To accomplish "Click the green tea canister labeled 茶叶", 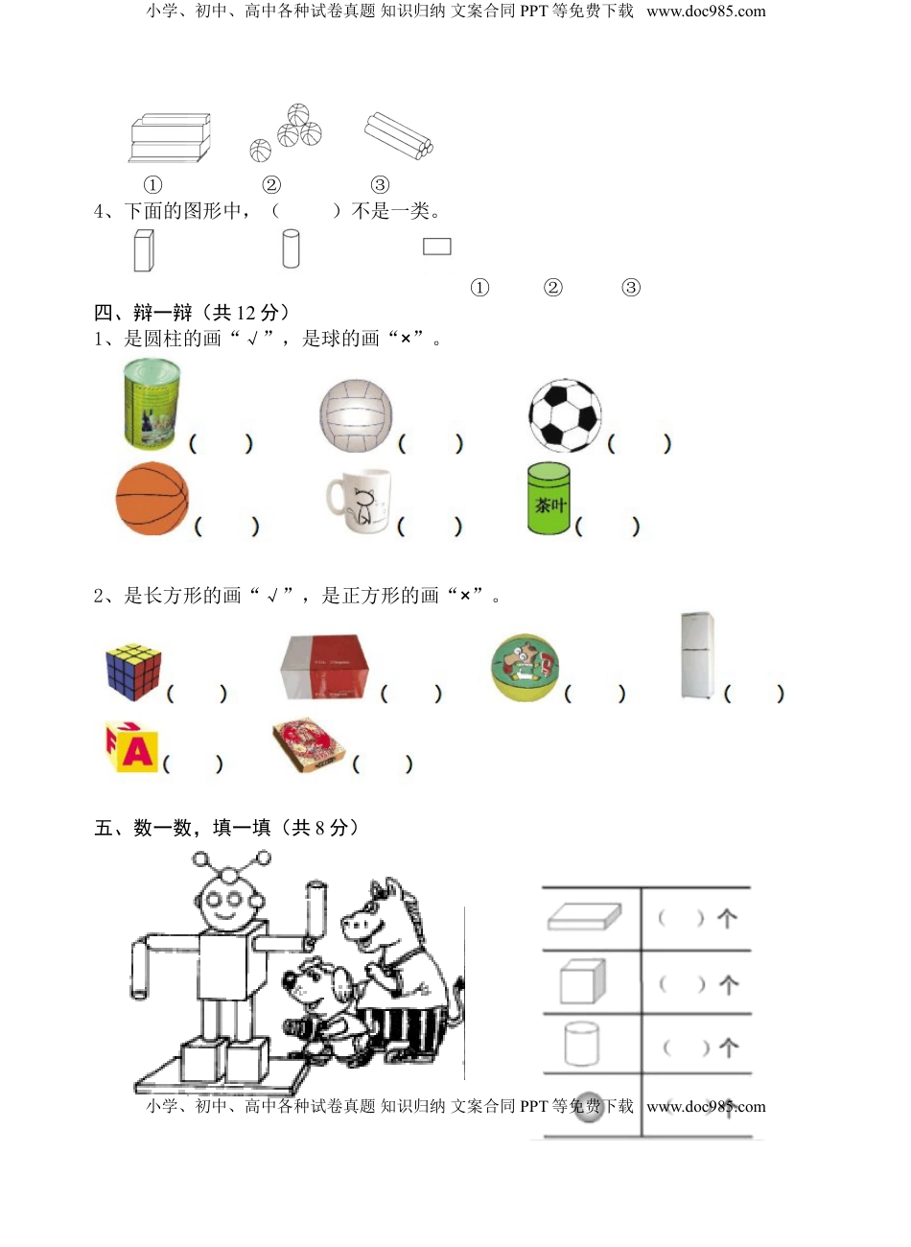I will (x=549, y=499).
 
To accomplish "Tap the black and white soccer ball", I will (x=565, y=415).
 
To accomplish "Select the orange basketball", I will (x=152, y=499).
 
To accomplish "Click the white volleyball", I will (x=356, y=414).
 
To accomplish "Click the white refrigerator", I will (x=697, y=654).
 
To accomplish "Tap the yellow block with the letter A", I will (x=132, y=747).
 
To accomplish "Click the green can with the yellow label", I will (x=151, y=404).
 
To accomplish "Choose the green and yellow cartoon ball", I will (x=525, y=667).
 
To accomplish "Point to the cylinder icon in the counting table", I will (x=581, y=1044).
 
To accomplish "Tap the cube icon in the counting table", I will (x=579, y=981).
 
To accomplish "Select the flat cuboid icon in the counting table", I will (x=584, y=918).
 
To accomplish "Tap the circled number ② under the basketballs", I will (x=271, y=185).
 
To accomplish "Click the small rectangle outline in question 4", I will (x=436, y=247).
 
